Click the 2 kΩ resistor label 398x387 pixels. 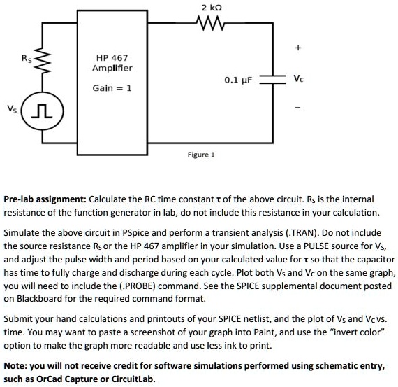[212, 8]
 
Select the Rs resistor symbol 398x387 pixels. [41, 66]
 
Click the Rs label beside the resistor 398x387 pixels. [27, 59]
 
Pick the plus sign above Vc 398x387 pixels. [299, 48]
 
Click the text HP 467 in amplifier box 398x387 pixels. [112, 57]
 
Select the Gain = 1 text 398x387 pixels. [112, 88]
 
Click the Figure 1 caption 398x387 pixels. [201, 154]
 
